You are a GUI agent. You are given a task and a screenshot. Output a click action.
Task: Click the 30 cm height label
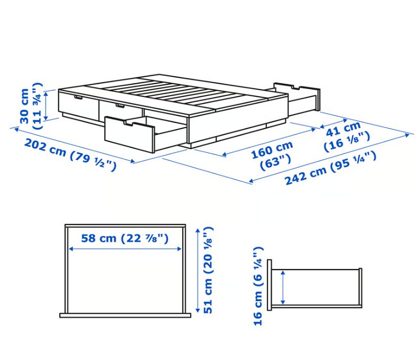[24, 106]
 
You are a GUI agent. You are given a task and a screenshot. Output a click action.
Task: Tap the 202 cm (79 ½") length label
[71, 155]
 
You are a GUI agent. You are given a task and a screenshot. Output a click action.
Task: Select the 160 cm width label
[272, 150]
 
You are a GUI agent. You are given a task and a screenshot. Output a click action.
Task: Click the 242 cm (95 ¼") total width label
[331, 168]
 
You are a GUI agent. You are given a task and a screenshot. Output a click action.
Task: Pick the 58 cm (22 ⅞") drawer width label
[125, 238]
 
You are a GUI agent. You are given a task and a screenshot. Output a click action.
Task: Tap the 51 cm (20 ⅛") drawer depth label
[208, 270]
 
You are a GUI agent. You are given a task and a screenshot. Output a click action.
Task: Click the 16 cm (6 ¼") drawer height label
[258, 286]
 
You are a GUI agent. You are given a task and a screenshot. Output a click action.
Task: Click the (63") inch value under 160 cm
[275, 161]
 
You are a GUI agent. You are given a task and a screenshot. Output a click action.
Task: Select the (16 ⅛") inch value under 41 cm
[347, 141]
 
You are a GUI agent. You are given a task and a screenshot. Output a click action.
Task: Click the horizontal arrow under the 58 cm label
[125, 249]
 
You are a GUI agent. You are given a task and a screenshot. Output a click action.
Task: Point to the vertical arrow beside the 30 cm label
[46, 105]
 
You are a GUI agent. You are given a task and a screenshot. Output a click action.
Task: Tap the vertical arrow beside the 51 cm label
[198, 270]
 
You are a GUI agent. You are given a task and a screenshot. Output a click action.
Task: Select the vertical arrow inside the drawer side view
[283, 287]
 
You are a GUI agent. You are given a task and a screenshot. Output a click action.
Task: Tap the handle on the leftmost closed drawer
[79, 97]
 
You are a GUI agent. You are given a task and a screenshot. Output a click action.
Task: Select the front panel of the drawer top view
[125, 315]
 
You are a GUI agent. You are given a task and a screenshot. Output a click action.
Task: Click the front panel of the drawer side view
[269, 285]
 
